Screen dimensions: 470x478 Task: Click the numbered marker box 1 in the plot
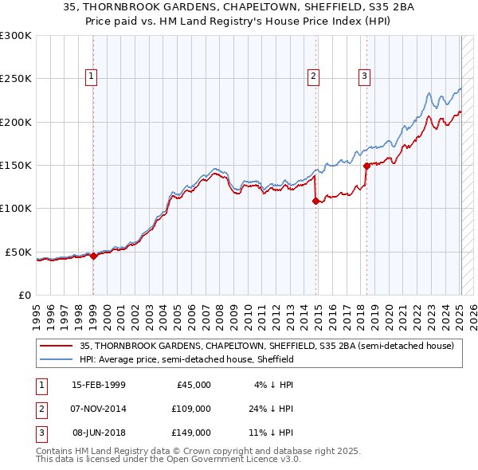[x=92, y=76]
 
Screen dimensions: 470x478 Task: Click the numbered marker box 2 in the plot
[x=314, y=76]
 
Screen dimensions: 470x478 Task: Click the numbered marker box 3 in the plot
[x=364, y=76]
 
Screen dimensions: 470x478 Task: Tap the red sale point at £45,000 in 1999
[x=93, y=256]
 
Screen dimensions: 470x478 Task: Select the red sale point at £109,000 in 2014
[x=315, y=201]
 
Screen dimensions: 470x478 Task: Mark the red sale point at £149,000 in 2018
[x=366, y=166]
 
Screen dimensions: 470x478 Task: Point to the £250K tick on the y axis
[x=16, y=79]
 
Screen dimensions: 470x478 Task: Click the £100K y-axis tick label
[x=16, y=208]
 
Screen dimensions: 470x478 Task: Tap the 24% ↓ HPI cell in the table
[x=267, y=409]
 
